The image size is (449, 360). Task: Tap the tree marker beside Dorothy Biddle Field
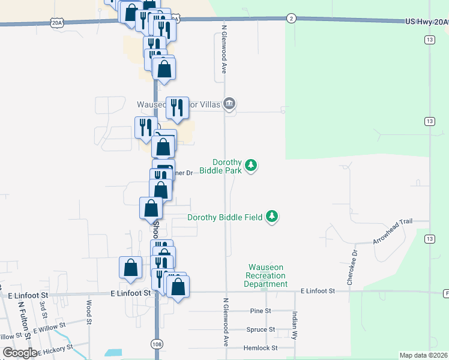pyautogui.click(x=273, y=216)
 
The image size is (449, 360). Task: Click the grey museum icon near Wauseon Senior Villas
pyautogui.click(x=229, y=104)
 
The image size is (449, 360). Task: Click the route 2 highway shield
pyautogui.click(x=291, y=18)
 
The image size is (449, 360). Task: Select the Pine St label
pyautogui.click(x=261, y=311)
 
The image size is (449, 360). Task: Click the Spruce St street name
pyautogui.click(x=261, y=329)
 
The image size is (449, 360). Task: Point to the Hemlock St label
pyautogui.click(x=261, y=347)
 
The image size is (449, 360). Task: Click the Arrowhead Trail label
pyautogui.click(x=393, y=231)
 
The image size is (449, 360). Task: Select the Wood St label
pyautogui.click(x=89, y=313)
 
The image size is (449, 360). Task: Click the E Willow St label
pyautogui.click(x=49, y=328)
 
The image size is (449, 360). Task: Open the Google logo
pyautogui.click(x=20, y=353)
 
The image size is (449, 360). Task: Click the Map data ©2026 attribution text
pyautogui.click(x=424, y=355)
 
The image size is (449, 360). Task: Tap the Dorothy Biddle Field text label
pyautogui.click(x=225, y=217)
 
